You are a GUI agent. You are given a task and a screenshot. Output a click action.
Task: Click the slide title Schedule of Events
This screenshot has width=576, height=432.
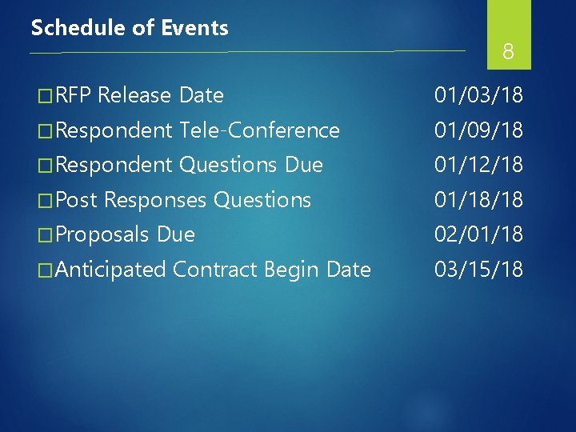tap(130, 28)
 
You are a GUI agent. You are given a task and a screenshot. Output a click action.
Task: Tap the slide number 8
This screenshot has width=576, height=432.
tap(508, 53)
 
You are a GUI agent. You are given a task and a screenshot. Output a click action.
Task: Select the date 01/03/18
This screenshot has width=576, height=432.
tap(478, 96)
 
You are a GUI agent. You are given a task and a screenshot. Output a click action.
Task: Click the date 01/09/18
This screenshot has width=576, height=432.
tap(478, 130)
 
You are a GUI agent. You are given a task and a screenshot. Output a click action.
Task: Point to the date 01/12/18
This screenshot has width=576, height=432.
tap(478, 166)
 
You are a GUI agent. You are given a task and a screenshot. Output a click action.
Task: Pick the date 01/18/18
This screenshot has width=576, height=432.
tap(478, 200)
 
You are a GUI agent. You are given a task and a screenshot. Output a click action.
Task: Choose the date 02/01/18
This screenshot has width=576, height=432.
tap(478, 235)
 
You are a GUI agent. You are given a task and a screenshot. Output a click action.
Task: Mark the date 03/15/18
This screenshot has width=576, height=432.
tap(478, 270)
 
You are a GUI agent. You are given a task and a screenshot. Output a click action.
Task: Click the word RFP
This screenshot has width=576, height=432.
tap(74, 96)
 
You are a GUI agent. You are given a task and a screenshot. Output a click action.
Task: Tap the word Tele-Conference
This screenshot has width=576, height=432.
tap(260, 130)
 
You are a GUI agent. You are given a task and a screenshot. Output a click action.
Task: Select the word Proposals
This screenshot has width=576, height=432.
tap(103, 235)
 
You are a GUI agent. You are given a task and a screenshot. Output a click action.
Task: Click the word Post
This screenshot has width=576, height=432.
tap(77, 200)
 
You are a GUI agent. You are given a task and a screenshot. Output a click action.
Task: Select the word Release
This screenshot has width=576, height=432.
tap(135, 96)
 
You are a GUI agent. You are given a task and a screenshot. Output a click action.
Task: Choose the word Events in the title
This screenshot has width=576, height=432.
tap(195, 28)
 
